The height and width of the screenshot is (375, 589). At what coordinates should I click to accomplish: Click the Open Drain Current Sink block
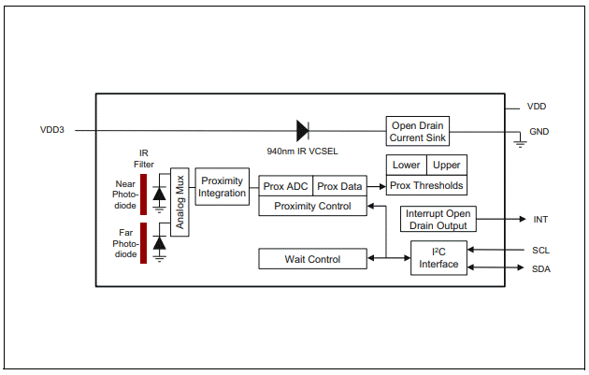[x=418, y=131]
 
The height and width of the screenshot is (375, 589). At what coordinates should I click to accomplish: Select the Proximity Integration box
[x=223, y=187]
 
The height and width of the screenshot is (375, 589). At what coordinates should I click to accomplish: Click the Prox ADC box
[x=285, y=186]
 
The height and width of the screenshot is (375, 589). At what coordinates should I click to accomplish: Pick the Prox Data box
[x=339, y=186]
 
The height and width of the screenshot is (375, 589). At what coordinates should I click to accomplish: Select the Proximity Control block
[x=312, y=206]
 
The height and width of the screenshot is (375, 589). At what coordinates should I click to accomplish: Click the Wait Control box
[x=312, y=259]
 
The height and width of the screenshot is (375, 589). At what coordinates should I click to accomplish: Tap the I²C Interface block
[x=438, y=258]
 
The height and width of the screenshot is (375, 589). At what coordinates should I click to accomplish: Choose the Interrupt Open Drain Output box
[x=438, y=219]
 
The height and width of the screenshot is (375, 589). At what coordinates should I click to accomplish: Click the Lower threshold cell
[x=406, y=166]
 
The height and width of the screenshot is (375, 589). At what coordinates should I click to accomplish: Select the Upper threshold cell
[x=446, y=166]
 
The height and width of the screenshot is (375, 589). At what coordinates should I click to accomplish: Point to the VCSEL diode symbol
[x=302, y=130]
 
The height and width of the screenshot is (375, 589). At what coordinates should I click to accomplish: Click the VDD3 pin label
[x=52, y=130]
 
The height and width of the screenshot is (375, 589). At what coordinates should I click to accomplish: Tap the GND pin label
[x=539, y=132]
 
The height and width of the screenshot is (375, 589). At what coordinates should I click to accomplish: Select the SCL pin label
[x=540, y=250]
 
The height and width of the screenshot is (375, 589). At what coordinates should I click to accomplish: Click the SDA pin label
[x=540, y=269]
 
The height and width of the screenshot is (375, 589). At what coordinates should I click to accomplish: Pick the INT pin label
[x=540, y=220]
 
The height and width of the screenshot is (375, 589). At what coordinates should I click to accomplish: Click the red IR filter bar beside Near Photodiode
[x=144, y=195]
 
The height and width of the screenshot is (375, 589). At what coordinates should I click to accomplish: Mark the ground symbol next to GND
[x=520, y=142]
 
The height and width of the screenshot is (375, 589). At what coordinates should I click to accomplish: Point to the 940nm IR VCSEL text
[x=301, y=150]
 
